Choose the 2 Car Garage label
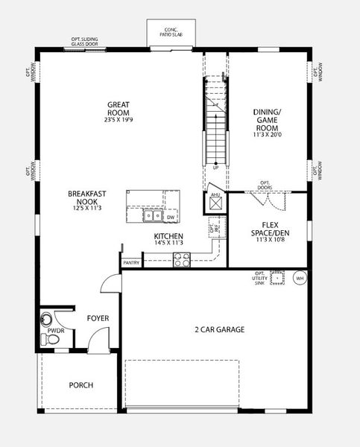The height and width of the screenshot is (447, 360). point(220,329)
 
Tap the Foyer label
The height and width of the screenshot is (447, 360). point(98,318)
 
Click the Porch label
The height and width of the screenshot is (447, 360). point(80,385)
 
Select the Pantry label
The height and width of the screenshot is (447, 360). point(131,262)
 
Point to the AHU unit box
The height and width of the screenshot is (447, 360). point(215,203)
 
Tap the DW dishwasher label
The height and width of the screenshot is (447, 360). point(171,217)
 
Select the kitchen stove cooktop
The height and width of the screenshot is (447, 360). point(182,259)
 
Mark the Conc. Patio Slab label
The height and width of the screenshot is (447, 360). point(171,32)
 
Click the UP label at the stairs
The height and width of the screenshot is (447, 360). point(216,168)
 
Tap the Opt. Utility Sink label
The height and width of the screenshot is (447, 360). point(259,278)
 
